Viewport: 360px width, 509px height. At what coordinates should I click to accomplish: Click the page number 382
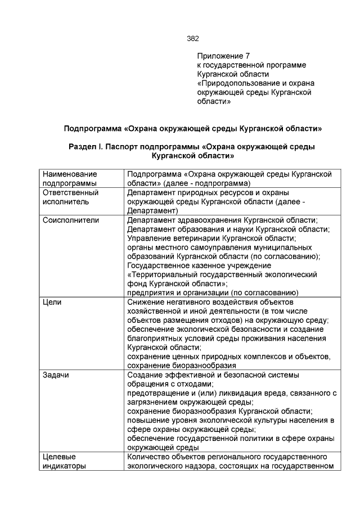192,39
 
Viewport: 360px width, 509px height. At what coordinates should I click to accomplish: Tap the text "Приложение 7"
223,56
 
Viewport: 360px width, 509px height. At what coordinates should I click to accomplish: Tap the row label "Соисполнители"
71,220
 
